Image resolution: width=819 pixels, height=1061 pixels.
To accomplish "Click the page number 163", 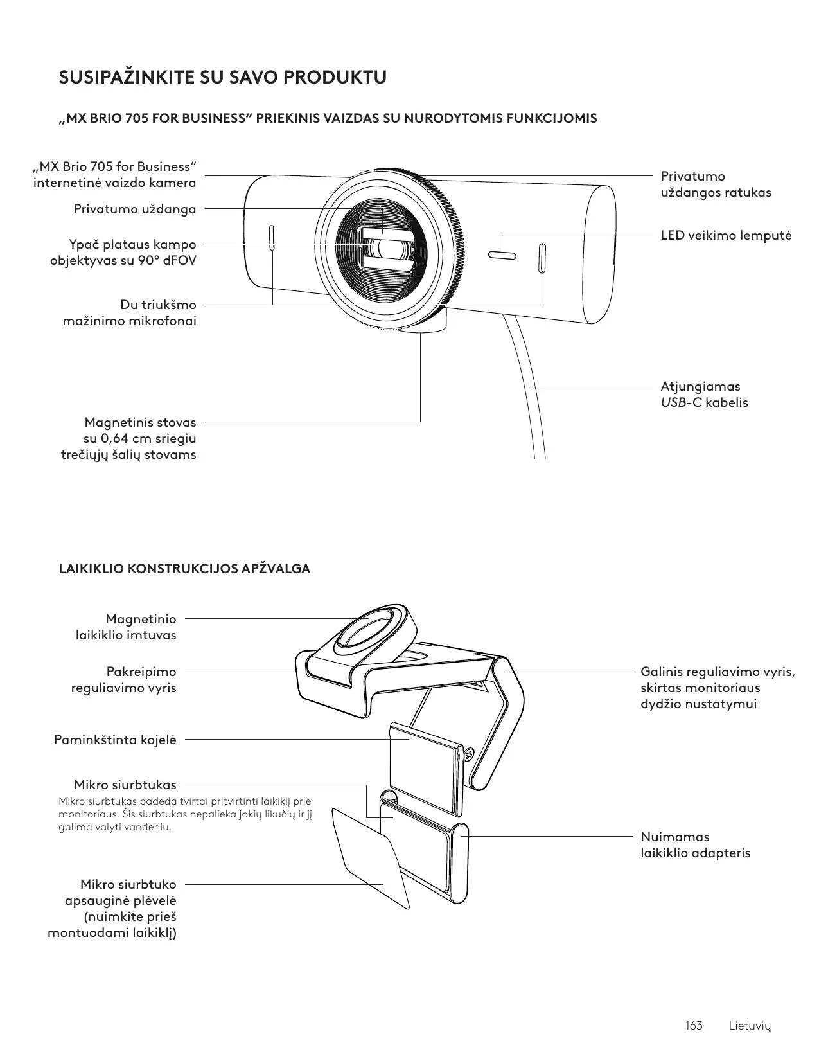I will pyautogui.click(x=694, y=1025).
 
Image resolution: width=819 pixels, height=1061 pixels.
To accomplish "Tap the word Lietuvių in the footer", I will pyautogui.click(x=750, y=1026).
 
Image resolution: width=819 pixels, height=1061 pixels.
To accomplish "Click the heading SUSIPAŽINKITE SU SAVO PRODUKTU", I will pyautogui.click(x=223, y=78).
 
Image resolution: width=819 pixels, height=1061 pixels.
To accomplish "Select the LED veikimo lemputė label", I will pyautogui.click(x=726, y=235).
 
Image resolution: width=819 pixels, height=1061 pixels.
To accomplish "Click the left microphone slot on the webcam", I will pyautogui.click(x=272, y=238).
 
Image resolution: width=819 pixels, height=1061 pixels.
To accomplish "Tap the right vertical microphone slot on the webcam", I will pyautogui.click(x=542, y=258).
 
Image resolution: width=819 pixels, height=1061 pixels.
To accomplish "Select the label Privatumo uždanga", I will pyautogui.click(x=135, y=209).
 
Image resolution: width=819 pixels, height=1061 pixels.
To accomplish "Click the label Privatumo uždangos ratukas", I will pyautogui.click(x=716, y=184).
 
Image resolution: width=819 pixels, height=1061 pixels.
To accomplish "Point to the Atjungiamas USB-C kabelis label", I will pyautogui.click(x=704, y=395).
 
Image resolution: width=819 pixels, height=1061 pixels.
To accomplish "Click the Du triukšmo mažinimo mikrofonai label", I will pyautogui.click(x=130, y=312).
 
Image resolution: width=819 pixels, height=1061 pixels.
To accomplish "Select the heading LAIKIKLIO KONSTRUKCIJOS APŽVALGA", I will pyautogui.click(x=184, y=569).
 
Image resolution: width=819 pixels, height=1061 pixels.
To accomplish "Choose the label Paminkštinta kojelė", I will pyautogui.click(x=115, y=740).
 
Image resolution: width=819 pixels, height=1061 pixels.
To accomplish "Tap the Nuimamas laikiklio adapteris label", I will pyautogui.click(x=695, y=845).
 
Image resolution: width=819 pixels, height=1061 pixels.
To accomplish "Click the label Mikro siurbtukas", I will pyautogui.click(x=125, y=785).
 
